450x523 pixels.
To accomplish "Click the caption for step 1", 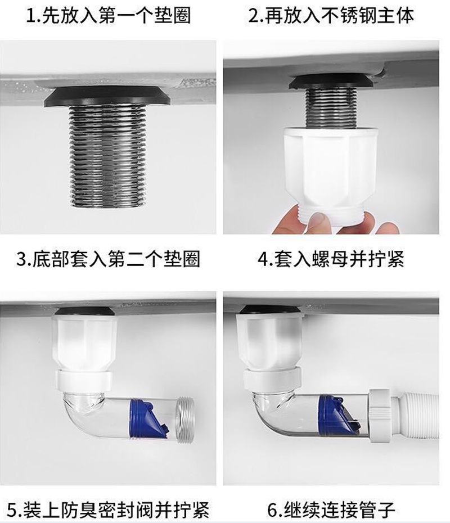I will click(109, 15).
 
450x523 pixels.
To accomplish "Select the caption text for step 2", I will click(331, 15).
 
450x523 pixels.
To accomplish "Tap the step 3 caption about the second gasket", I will click(108, 259).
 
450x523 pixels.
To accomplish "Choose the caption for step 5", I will click(108, 510).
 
